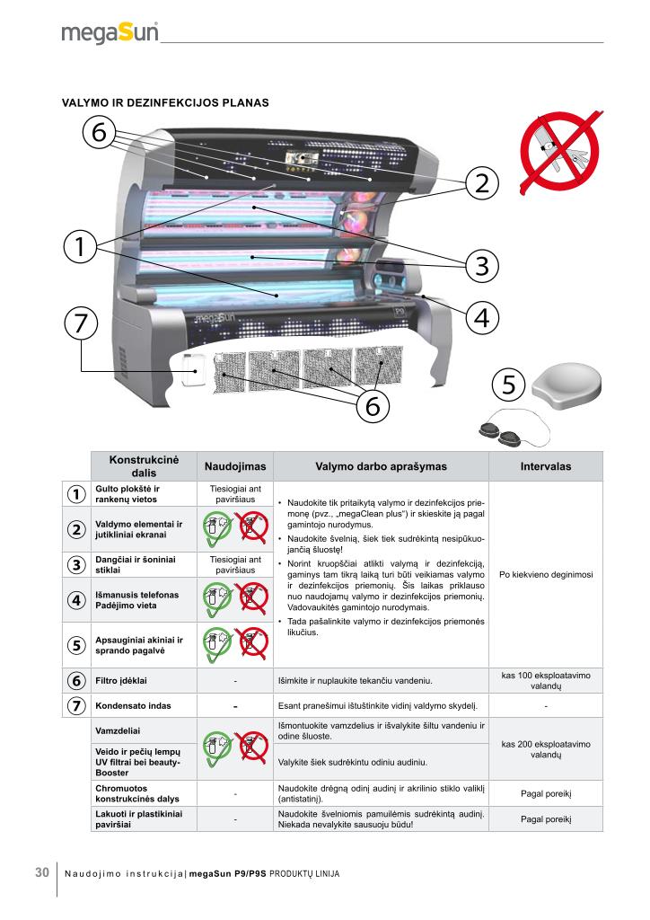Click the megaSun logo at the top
(x=110, y=32)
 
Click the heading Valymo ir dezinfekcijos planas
(x=165, y=102)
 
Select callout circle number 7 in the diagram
(x=81, y=323)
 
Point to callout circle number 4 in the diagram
(x=482, y=318)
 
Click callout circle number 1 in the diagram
(x=80, y=246)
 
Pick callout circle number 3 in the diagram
(x=482, y=266)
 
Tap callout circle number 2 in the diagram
(x=482, y=183)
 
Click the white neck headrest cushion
(x=567, y=385)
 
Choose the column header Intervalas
(x=545, y=466)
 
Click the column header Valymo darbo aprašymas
(x=381, y=466)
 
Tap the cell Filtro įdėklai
(x=121, y=681)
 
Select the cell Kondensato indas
(x=133, y=706)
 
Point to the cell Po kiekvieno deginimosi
(x=546, y=574)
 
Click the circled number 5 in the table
(x=76, y=645)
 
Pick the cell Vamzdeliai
(x=118, y=731)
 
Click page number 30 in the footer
(x=42, y=872)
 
